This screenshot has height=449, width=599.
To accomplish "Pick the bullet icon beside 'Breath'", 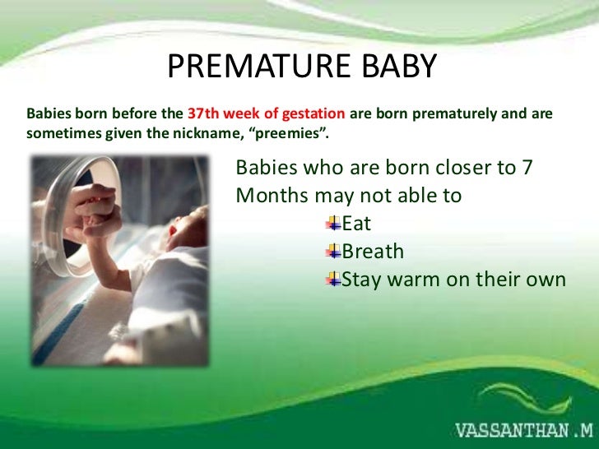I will point(333,251).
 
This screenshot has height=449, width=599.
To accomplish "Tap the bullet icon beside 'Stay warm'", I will point(333,280).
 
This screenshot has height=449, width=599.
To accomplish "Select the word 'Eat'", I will point(357,224).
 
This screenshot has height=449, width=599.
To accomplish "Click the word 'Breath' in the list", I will point(373,252).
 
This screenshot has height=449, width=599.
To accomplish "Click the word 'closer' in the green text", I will point(460,168).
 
